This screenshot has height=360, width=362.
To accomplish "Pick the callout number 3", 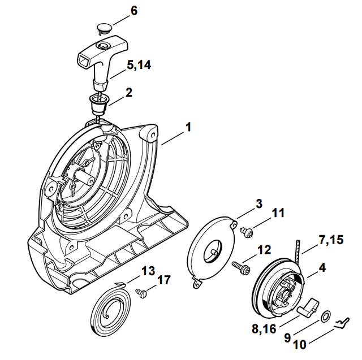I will [258, 203].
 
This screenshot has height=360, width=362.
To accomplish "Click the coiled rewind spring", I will [113, 310].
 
